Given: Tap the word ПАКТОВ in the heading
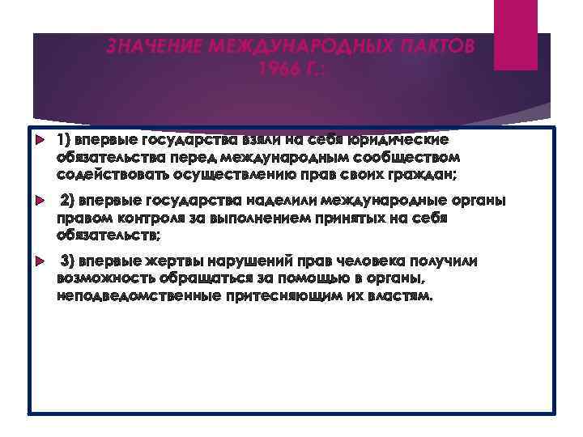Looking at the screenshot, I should pyautogui.click(x=441, y=47).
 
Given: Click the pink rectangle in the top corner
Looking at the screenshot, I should pyautogui.click(x=514, y=35).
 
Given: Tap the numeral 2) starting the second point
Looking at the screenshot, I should pyautogui.click(x=68, y=201).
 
